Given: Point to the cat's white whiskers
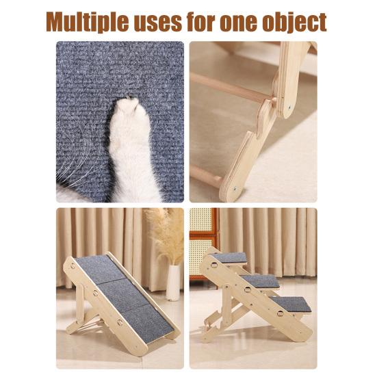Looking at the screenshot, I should click(75, 168).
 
